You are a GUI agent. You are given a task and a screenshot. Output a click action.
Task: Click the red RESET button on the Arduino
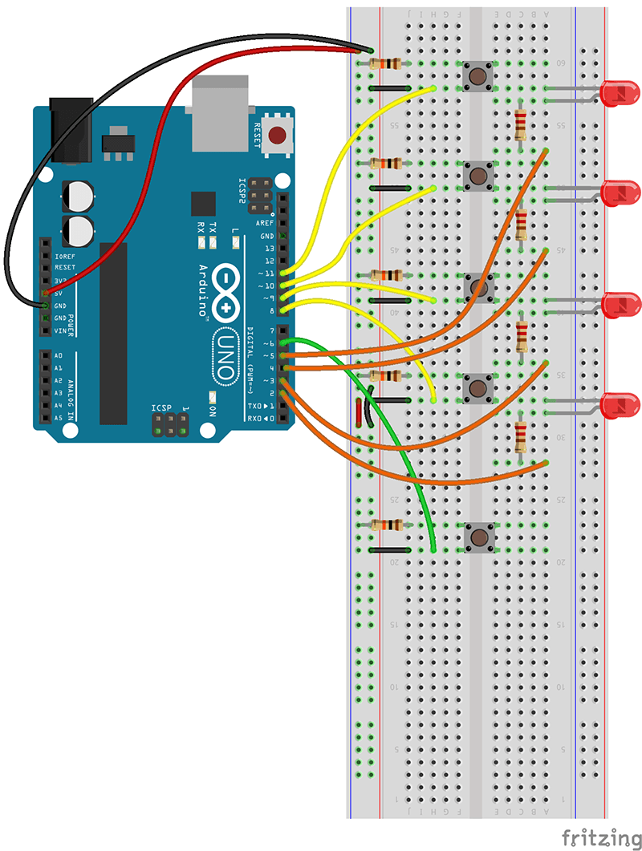click(x=278, y=136)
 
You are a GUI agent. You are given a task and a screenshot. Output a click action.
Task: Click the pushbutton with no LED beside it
click(x=479, y=536)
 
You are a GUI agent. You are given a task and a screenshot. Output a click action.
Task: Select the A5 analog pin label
click(x=58, y=418)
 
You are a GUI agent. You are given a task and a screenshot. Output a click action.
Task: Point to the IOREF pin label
click(x=65, y=254)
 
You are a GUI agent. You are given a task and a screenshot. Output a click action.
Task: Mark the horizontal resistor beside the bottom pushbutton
click(x=388, y=525)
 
